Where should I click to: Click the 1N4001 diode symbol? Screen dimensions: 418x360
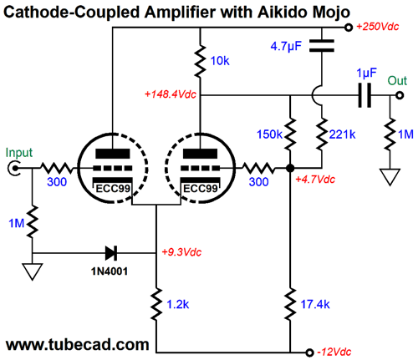(111, 253)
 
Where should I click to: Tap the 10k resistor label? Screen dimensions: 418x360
(220, 61)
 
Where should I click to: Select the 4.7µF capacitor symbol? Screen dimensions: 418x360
(322, 46)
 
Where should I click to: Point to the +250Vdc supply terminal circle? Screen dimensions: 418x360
(348, 28)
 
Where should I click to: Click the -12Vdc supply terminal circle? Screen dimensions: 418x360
(309, 352)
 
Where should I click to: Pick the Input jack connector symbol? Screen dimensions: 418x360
(13, 168)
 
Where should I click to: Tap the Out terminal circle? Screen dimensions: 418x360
(400, 95)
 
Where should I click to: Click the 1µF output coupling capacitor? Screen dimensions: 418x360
(364, 95)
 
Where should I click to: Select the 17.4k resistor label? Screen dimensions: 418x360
(315, 304)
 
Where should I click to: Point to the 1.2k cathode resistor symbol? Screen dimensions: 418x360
(156, 304)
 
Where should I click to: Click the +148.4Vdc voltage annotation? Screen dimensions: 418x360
(171, 94)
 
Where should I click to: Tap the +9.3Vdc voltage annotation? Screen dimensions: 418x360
(181, 252)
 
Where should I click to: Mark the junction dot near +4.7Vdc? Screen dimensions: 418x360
(290, 168)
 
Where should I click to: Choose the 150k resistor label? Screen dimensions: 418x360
(269, 134)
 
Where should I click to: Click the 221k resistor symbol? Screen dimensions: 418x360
(322, 134)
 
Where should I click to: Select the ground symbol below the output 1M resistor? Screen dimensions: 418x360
(390, 176)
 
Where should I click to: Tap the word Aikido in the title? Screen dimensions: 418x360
(282, 12)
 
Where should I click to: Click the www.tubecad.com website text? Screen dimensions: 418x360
(78, 345)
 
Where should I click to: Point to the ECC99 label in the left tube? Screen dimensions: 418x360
(113, 189)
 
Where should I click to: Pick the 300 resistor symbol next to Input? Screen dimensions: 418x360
(56, 168)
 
